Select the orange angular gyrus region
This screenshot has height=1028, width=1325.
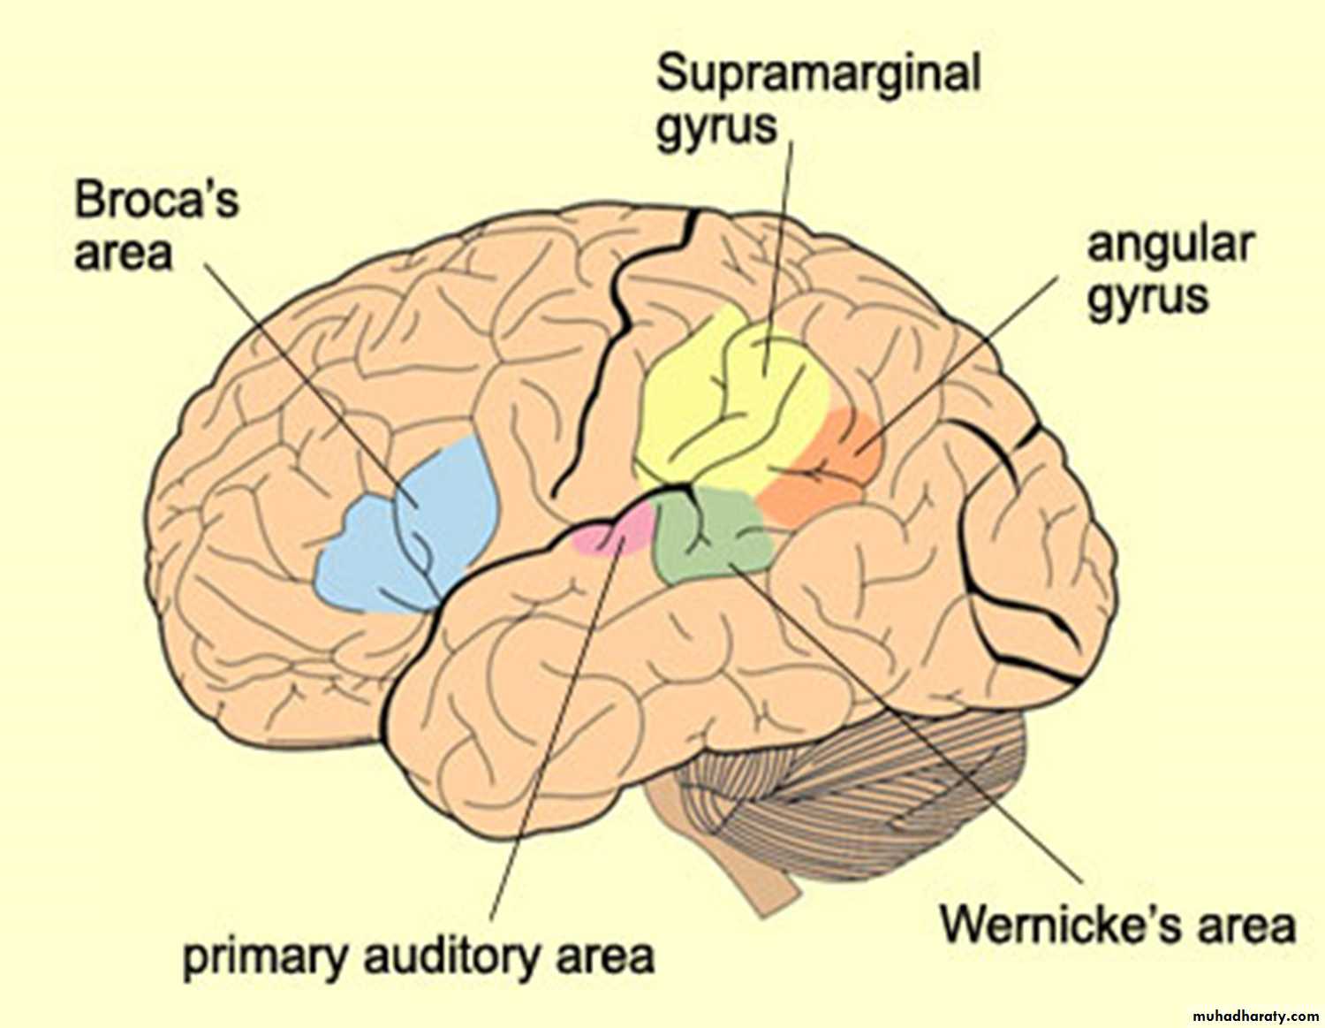(830, 468)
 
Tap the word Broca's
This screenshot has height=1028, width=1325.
(156, 200)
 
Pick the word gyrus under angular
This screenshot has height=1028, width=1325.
(1147, 296)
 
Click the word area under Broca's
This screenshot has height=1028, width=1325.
(123, 254)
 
